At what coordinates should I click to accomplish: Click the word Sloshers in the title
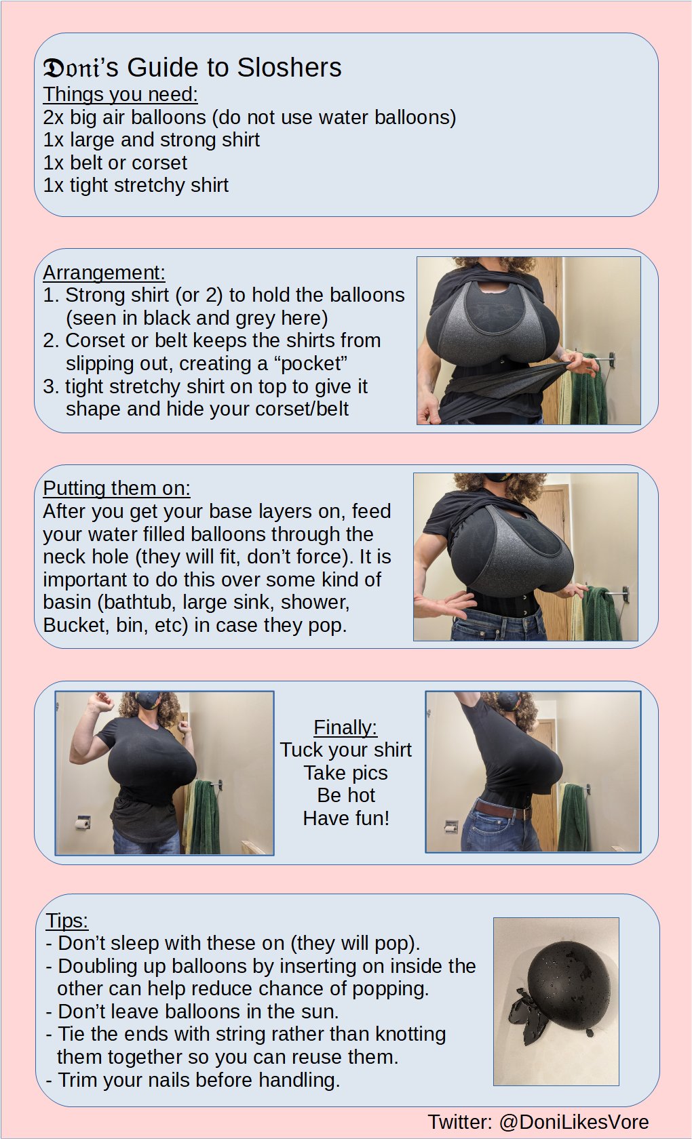click(x=289, y=68)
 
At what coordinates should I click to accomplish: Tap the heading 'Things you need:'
click(x=120, y=95)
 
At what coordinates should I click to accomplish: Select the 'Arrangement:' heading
click(x=104, y=273)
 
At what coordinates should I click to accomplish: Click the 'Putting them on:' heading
click(x=117, y=488)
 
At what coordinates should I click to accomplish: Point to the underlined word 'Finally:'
click(x=345, y=727)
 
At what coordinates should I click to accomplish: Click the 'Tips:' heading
click(x=66, y=921)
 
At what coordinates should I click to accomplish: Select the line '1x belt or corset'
click(x=115, y=163)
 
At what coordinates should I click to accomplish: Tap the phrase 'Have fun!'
click(x=346, y=818)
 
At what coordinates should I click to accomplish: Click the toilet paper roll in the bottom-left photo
click(x=83, y=823)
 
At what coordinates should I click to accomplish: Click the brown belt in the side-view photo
click(x=503, y=810)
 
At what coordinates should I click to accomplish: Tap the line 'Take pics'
click(x=346, y=773)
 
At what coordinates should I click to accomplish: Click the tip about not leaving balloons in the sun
click(x=193, y=1011)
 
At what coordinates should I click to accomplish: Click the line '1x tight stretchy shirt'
click(x=136, y=185)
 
